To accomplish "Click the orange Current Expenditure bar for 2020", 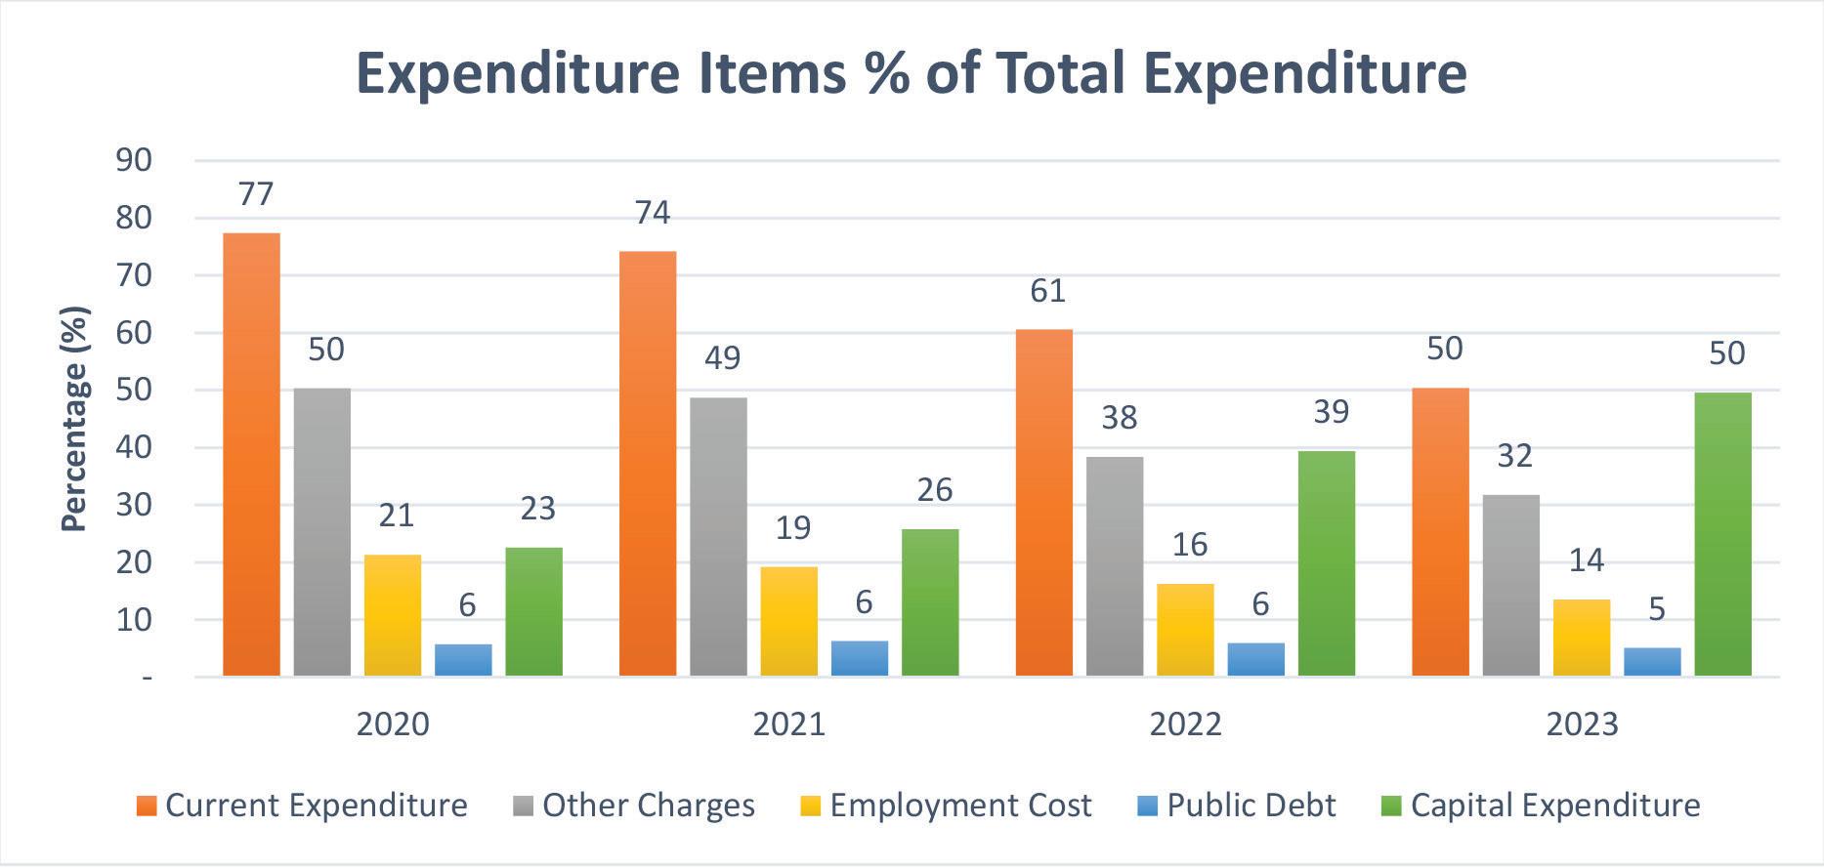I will [x=251, y=454].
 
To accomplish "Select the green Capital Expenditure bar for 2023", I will [x=1722, y=534].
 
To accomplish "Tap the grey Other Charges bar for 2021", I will [x=718, y=537].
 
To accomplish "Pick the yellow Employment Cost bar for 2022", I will [x=1185, y=630].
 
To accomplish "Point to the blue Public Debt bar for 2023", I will [x=1652, y=662].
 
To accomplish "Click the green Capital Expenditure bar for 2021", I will [x=930, y=602].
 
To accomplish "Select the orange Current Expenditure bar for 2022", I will [x=1044, y=503].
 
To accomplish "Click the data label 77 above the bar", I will [x=255, y=193].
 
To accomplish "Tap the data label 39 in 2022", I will [x=1331, y=412].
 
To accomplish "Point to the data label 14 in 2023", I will [x=1586, y=559].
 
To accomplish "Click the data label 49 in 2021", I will [x=722, y=357].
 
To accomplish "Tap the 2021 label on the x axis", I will [x=789, y=723].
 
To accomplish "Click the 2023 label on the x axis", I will [x=1582, y=723].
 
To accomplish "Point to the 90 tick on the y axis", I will [x=134, y=160].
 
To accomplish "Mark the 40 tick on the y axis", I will [x=134, y=448].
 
